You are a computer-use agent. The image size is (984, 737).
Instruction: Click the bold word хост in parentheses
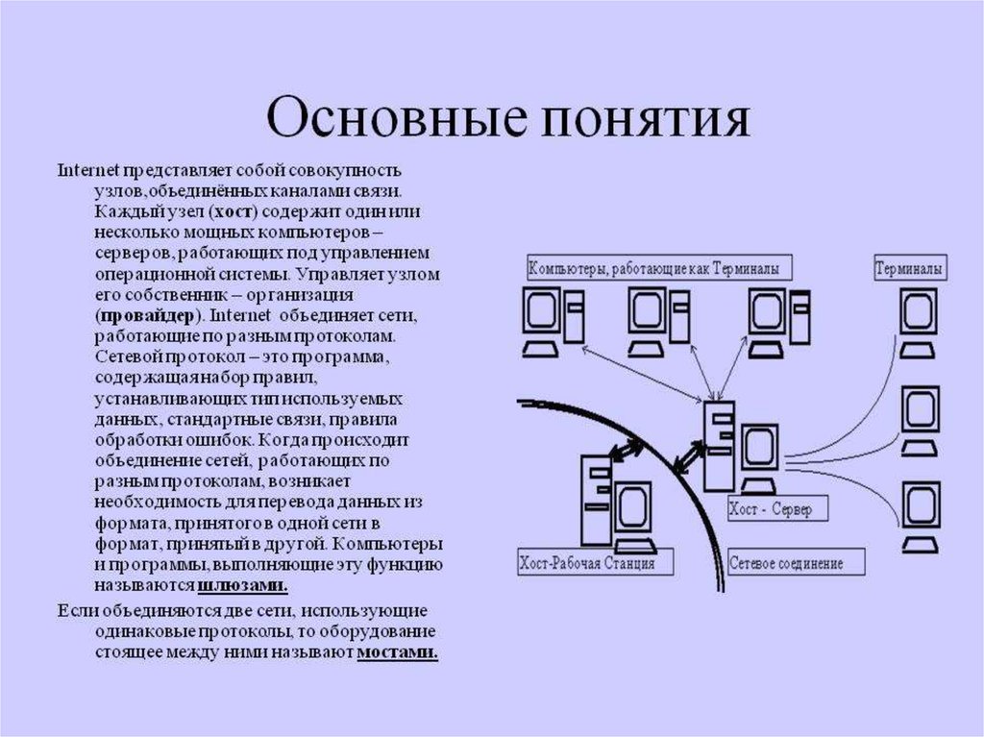[233, 211]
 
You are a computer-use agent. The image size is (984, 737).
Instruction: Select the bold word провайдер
[146, 315]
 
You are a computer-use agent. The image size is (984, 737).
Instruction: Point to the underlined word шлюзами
[243, 585]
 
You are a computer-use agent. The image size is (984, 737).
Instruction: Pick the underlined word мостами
[397, 652]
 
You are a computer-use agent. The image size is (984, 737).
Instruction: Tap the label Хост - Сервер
[777, 508]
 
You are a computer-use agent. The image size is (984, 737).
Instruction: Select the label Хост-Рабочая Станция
[595, 562]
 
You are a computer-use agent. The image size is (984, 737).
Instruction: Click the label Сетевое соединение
[796, 562]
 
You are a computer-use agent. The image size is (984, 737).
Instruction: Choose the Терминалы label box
[910, 268]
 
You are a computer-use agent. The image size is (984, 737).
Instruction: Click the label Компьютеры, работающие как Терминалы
[659, 267]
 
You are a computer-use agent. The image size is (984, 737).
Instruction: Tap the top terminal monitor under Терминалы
[918, 323]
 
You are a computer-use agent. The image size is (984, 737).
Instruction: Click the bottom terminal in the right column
[921, 517]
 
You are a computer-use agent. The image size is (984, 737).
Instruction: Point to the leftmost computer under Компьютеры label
[553, 323]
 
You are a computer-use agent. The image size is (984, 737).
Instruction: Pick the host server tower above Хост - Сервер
[719, 446]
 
